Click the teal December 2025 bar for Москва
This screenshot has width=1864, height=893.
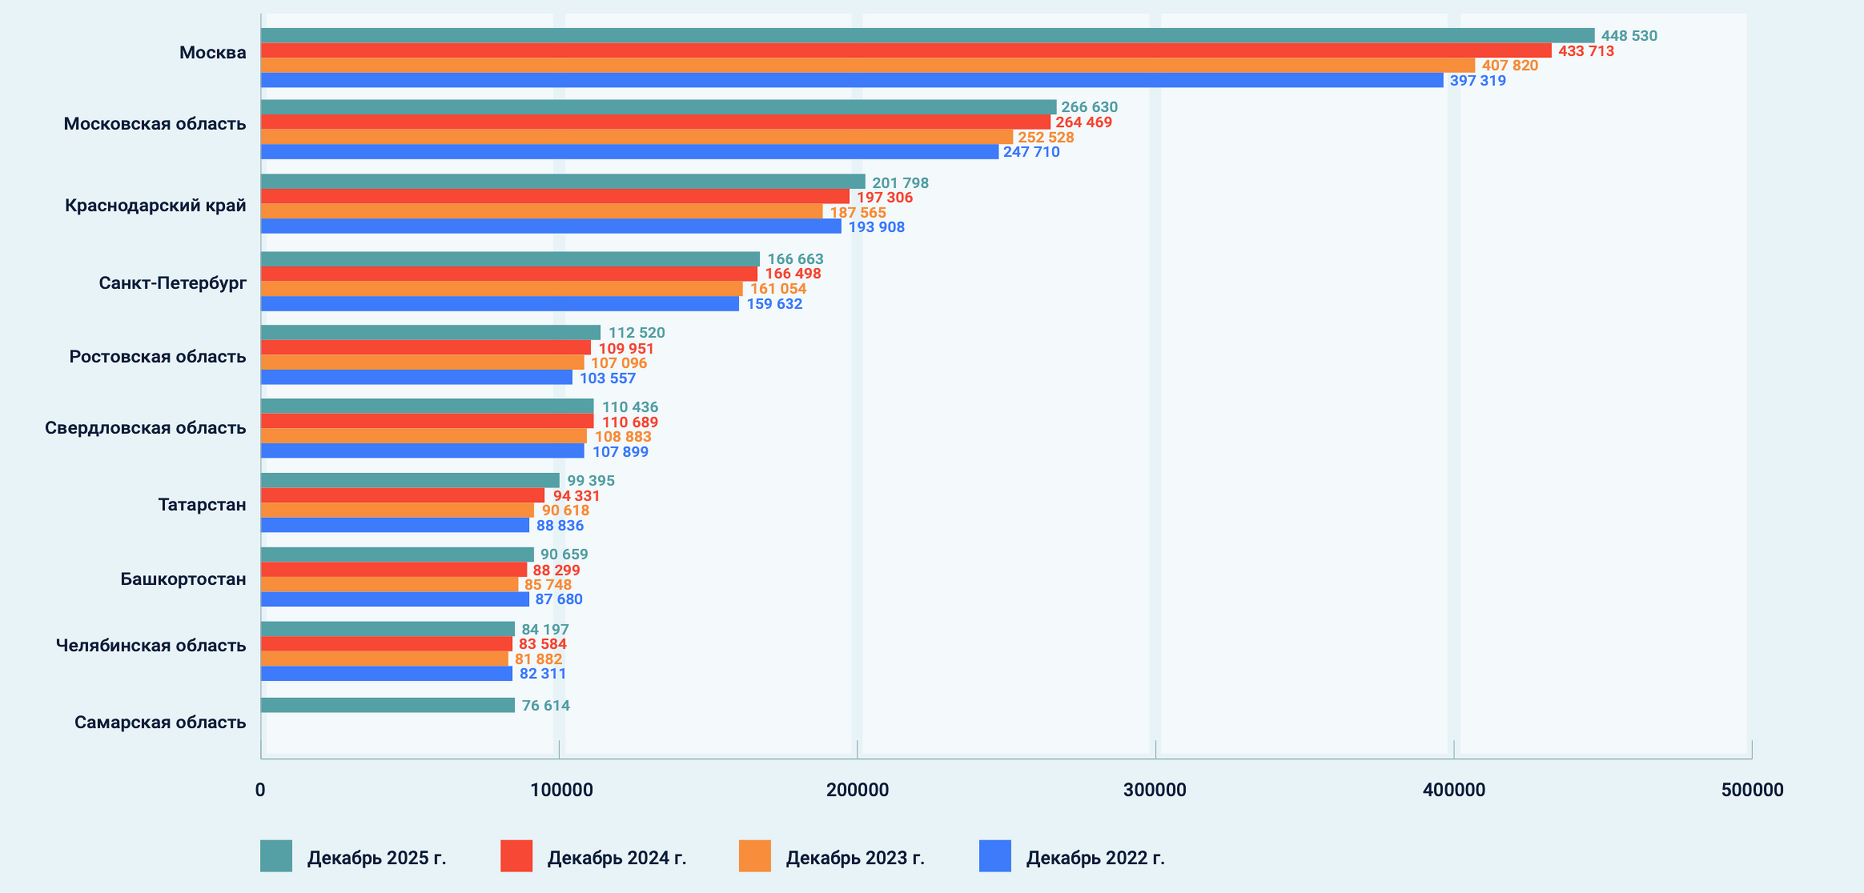927,35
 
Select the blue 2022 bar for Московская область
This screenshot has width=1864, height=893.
629,152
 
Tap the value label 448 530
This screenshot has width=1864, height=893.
1629,36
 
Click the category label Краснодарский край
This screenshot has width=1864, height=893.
155,206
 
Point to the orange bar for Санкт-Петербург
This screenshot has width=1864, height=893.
501,289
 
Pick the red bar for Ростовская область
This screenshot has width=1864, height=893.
425,348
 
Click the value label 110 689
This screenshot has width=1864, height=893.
630,422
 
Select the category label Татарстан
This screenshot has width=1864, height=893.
202,505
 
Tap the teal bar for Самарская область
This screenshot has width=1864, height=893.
388,705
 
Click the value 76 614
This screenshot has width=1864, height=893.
546,706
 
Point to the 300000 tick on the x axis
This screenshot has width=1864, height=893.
1155,790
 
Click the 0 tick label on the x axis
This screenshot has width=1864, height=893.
260,790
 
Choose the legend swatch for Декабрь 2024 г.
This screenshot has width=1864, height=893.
516,856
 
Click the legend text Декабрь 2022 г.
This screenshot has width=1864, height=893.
1095,858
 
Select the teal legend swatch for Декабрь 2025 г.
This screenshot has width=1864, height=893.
276,856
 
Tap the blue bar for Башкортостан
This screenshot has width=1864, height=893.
395,599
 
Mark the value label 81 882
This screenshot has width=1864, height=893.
538,659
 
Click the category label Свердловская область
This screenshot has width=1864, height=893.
145,428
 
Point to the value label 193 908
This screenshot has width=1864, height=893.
876,227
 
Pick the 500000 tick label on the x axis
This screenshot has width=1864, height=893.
1752,790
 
